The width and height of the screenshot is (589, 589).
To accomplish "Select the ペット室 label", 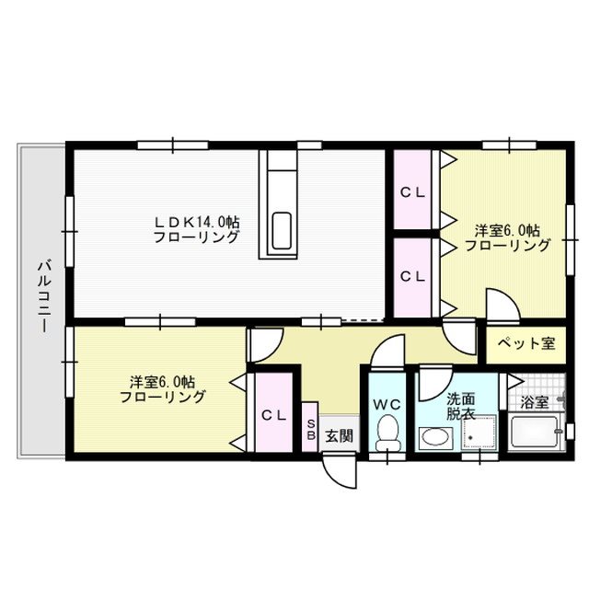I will coord(525,343).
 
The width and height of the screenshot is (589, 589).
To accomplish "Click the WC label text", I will coord(387,404).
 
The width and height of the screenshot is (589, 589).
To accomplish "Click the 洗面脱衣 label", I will coord(460,407).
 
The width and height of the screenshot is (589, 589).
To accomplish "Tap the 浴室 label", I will coord(534,402).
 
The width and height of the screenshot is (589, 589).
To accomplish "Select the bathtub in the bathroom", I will coord(534,433).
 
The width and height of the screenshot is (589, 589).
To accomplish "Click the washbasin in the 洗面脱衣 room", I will coord(433,438).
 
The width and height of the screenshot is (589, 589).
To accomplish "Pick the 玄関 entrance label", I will coord(338,435).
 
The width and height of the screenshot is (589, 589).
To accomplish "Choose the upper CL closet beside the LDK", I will coord(411,192).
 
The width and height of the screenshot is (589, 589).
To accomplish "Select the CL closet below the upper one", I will coord(411,275).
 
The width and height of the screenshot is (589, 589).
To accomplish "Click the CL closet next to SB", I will coord(272,415).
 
